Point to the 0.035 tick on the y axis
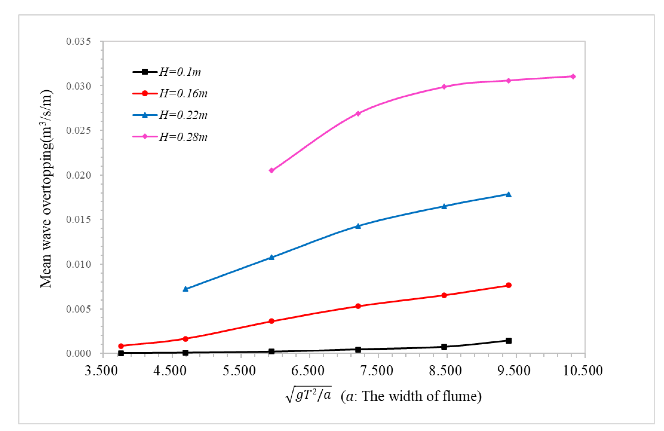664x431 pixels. click(78, 41)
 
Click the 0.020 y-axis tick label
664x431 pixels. click(78, 175)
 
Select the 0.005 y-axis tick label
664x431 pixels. click(78, 309)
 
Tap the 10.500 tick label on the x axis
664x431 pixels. click(583, 371)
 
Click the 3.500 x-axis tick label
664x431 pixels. click(101, 371)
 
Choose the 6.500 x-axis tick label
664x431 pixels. click(308, 371)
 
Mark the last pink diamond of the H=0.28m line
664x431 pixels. click(573, 77)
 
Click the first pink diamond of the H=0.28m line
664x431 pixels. click(271, 170)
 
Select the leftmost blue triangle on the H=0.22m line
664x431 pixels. click(186, 289)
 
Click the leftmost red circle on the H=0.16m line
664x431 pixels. click(121, 346)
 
